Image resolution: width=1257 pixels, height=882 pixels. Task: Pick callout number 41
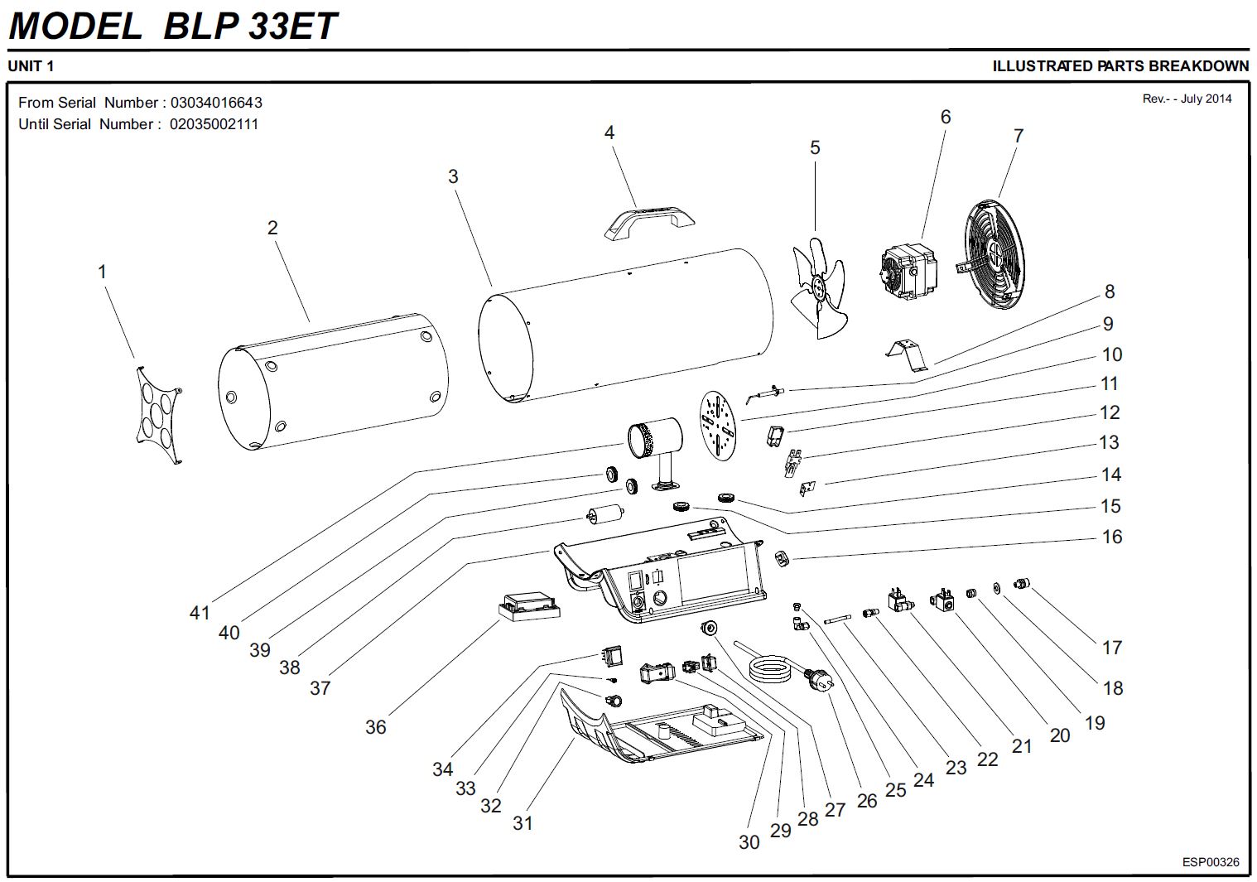[x=200, y=613]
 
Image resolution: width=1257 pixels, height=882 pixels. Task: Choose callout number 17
[x=1111, y=648]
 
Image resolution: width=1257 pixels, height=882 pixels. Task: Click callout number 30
[x=749, y=842]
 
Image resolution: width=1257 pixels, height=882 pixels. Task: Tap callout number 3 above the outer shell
[x=453, y=176]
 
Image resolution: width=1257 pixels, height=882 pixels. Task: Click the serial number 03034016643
[x=216, y=103]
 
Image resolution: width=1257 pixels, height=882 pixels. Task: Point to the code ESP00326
[x=1210, y=862]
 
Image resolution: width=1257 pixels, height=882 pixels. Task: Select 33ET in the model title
[x=292, y=26]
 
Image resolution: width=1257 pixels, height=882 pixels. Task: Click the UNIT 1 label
[x=31, y=66]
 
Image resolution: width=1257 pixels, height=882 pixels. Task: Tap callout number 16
[x=1111, y=537]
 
